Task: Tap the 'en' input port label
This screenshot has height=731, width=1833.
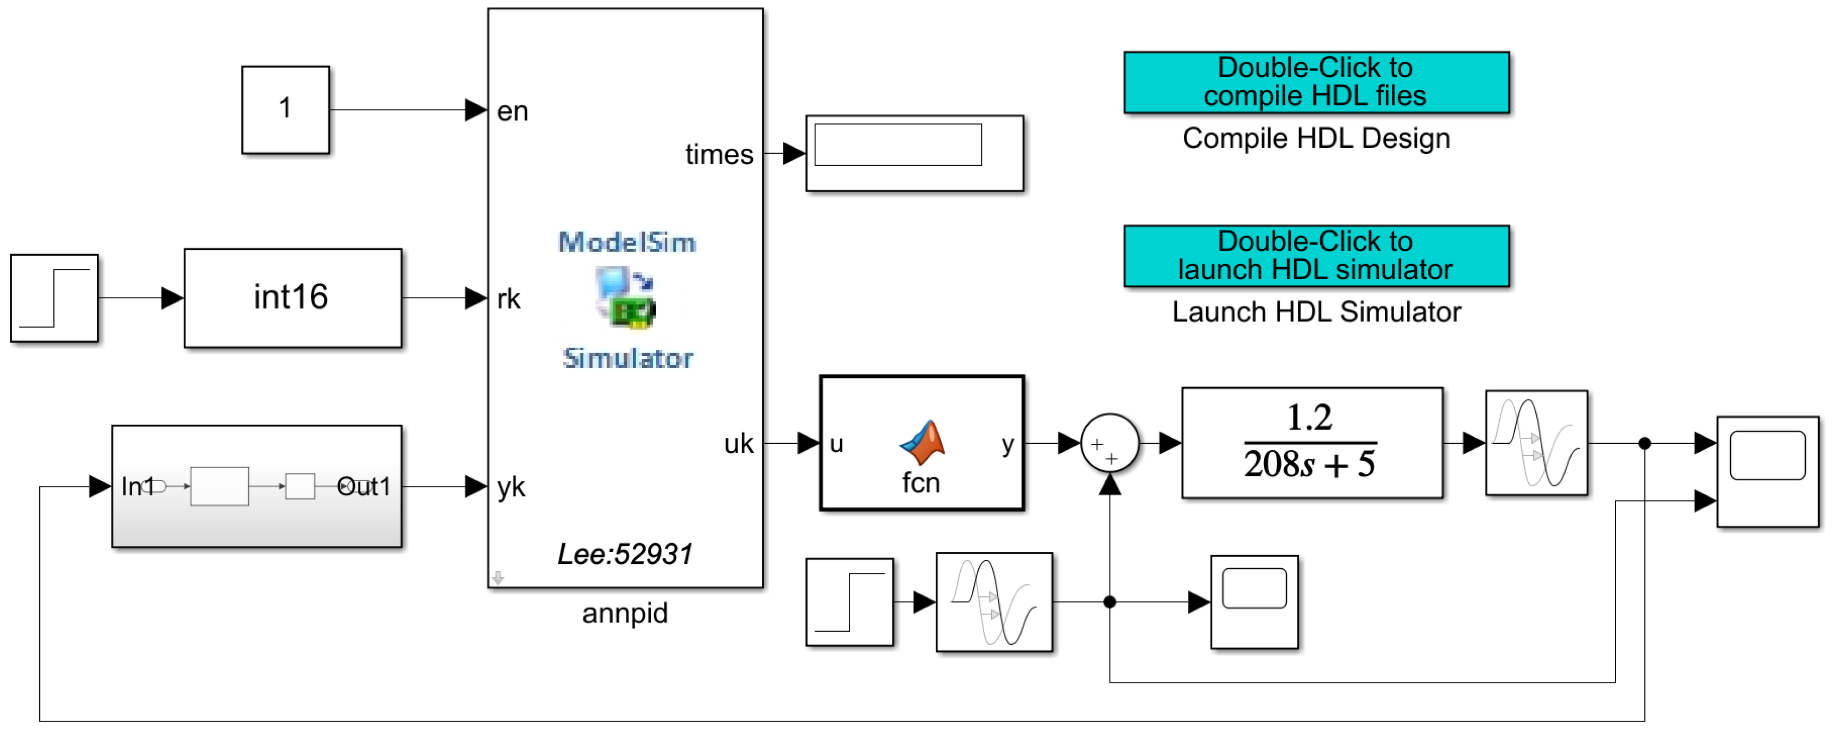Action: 512,112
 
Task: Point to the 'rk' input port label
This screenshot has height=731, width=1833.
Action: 508,299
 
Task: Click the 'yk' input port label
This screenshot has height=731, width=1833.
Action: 510,488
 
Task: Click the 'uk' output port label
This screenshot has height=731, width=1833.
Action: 738,443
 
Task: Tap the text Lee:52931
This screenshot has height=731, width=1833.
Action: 624,554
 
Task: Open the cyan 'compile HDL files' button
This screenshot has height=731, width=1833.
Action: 1316,82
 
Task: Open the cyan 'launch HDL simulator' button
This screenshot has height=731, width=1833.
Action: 1316,255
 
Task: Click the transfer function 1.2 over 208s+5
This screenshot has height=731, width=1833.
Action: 1311,443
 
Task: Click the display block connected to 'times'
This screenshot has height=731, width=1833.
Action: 914,153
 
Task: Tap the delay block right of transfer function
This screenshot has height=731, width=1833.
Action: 1536,443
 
